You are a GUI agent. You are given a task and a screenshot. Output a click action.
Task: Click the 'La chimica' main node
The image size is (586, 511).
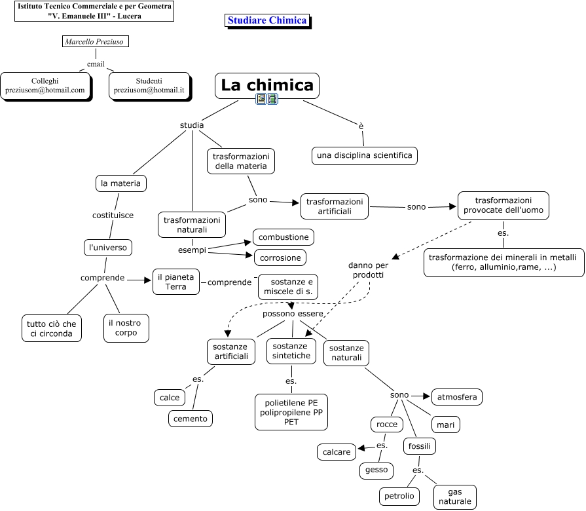pyautogui.click(x=266, y=85)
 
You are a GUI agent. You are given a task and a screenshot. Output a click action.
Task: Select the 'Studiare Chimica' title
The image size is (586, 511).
pyautogui.click(x=267, y=20)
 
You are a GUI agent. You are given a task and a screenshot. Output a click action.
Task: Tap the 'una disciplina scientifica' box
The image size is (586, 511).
pyautogui.click(x=365, y=155)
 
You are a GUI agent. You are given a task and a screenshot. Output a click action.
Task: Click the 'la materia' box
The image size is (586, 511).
pyautogui.click(x=120, y=183)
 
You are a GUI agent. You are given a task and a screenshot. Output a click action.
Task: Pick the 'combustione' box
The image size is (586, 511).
pyautogui.click(x=284, y=237)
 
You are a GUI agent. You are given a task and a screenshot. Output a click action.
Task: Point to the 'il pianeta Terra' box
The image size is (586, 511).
pyautogui.click(x=176, y=282)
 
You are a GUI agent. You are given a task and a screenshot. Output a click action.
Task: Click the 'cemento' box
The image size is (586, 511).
pyautogui.click(x=191, y=419)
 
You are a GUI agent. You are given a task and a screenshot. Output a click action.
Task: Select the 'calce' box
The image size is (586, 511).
pyautogui.click(x=170, y=398)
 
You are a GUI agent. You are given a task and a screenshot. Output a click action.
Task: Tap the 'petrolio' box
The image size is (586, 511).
pyautogui.click(x=399, y=496)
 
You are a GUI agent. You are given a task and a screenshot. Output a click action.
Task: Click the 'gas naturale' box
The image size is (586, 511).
pyautogui.click(x=455, y=497)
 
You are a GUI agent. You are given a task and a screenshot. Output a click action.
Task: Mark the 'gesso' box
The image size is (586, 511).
pyautogui.click(x=376, y=470)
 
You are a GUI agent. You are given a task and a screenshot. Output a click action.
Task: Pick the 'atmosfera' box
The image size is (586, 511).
pyautogui.click(x=457, y=396)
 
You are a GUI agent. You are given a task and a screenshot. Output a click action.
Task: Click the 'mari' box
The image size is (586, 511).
pyautogui.click(x=445, y=425)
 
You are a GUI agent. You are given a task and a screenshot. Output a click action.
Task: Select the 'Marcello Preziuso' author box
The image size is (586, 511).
pyautogui.click(x=95, y=42)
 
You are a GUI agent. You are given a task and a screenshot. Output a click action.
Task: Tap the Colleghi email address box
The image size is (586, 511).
pyautogui.click(x=45, y=85)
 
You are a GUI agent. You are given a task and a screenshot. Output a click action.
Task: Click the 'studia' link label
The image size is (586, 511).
pyautogui.click(x=192, y=125)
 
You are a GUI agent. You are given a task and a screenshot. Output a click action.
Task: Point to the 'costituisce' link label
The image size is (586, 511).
pyautogui.click(x=113, y=215)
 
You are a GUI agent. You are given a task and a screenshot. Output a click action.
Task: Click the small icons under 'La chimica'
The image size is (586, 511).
pyautogui.click(x=266, y=100)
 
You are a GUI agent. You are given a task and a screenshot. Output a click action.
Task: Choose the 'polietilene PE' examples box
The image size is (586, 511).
pyautogui.click(x=291, y=411)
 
